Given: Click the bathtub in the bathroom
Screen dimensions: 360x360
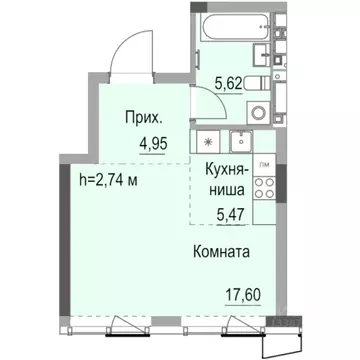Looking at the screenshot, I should [233, 27].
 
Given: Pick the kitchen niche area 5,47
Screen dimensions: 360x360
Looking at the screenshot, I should [228, 212].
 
